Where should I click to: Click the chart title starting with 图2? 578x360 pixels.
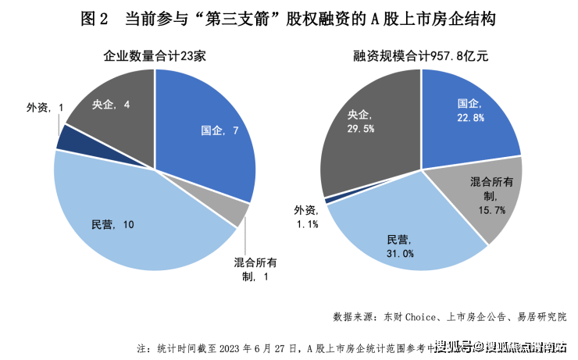288,18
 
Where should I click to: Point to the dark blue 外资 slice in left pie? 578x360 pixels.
67,137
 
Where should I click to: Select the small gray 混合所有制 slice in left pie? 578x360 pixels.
241,213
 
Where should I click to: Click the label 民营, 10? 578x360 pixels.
113,226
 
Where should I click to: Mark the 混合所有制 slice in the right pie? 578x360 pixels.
476,199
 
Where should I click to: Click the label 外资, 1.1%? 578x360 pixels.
306,217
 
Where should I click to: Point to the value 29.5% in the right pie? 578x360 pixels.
360,128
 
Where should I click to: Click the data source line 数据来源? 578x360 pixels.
448,317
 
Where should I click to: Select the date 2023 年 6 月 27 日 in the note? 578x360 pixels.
259,347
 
